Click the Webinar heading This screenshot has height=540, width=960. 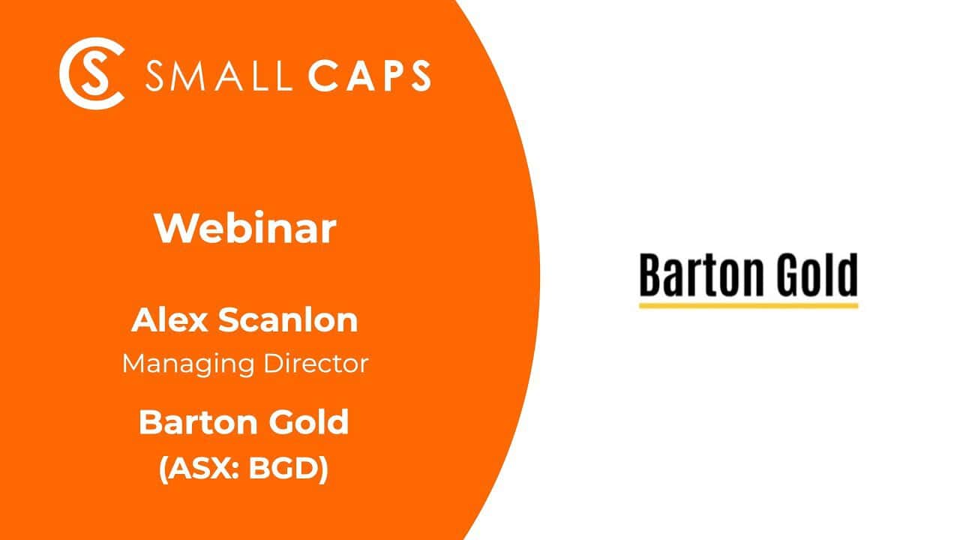click(x=245, y=229)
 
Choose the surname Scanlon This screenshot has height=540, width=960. click(x=288, y=320)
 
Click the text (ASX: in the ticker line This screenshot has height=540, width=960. click(x=196, y=469)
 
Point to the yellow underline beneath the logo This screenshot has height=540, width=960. click(x=748, y=305)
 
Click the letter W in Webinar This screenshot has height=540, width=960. click(x=171, y=229)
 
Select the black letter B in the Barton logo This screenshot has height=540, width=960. click(x=649, y=276)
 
